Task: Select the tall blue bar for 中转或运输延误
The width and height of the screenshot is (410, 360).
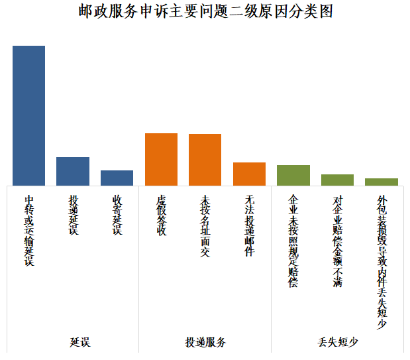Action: (29, 116)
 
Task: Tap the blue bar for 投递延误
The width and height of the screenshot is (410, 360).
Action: (73, 171)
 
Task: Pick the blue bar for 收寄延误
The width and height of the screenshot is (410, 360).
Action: (117, 178)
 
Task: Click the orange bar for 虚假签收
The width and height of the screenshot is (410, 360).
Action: (161, 159)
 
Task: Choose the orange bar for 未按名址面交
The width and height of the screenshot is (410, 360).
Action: (205, 160)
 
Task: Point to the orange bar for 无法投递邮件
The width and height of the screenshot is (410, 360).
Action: (249, 174)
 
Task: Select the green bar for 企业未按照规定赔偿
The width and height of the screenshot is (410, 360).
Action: (293, 175)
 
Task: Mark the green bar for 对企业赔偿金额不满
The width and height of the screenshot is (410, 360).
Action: (337, 180)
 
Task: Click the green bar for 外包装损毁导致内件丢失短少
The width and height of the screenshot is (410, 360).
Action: (382, 182)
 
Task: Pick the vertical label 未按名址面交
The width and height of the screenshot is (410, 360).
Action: (205, 226)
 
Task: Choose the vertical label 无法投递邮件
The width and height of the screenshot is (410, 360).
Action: (249, 226)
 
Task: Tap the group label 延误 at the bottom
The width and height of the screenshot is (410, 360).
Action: (79, 342)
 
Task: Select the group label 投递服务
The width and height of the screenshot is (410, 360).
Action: (205, 342)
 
